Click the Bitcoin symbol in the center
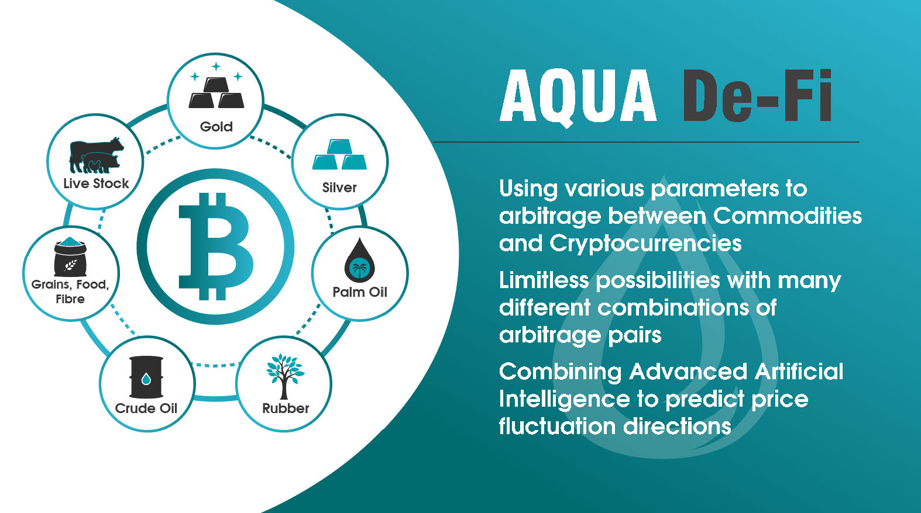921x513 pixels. point(216,246)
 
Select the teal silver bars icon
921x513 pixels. point(339,154)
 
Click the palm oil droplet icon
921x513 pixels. point(360,260)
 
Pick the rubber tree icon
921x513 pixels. point(285,376)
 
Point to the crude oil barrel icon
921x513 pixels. point(146,377)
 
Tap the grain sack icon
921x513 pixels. point(70,257)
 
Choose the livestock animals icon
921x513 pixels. point(96,155)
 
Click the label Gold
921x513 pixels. point(216,126)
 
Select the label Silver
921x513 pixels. point(339,188)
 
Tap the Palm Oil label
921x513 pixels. point(360,292)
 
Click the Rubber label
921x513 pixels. point(286,408)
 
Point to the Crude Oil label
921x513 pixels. point(146,408)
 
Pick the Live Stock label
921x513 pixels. point(96,183)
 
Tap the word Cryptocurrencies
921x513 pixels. point(645,244)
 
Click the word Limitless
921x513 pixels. point(544,280)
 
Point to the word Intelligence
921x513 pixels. point(565,400)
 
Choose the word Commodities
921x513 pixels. point(788,216)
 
